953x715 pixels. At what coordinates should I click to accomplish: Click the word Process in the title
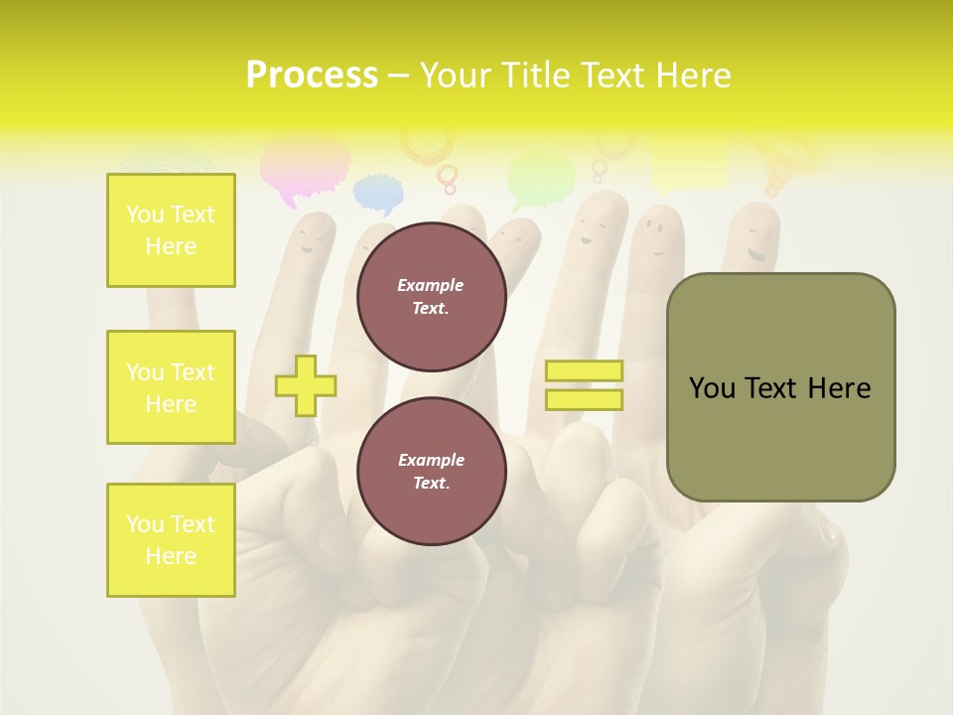[x=312, y=75]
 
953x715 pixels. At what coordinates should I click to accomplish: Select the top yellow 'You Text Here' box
[x=171, y=230]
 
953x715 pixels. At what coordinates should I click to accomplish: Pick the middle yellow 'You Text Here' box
[x=171, y=387]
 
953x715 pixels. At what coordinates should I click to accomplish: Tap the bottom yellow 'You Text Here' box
[x=171, y=540]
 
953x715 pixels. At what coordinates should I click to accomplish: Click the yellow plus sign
[x=306, y=384]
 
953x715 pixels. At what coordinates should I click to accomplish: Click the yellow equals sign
[x=584, y=385]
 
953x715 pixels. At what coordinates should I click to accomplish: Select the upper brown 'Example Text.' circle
[x=432, y=297]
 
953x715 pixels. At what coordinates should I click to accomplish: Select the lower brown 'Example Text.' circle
[x=432, y=472]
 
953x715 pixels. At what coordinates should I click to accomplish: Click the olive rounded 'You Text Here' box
[x=780, y=387]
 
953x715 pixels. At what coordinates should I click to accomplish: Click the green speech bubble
[x=541, y=178]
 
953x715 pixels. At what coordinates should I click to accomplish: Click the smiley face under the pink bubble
[x=313, y=238]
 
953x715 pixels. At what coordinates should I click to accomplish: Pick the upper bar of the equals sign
[x=584, y=371]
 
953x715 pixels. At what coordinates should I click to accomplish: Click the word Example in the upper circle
[x=431, y=285]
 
